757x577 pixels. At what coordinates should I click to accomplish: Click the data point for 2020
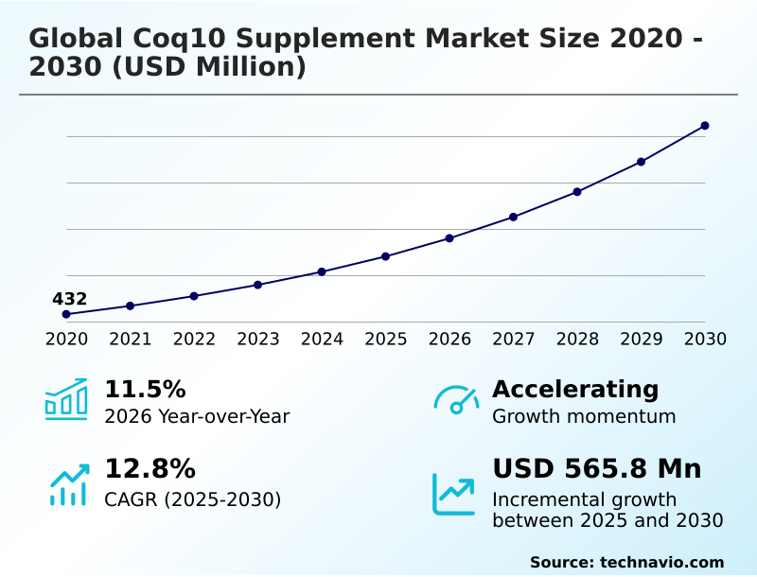click(x=66, y=314)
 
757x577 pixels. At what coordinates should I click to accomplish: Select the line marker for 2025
click(x=385, y=256)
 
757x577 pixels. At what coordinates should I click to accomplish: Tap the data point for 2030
click(x=705, y=126)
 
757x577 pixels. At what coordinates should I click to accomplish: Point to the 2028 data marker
click(x=577, y=192)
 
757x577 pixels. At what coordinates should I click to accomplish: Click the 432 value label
click(x=69, y=299)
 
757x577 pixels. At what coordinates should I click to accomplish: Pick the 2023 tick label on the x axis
click(x=257, y=340)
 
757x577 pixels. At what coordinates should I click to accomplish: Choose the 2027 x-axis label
click(x=513, y=340)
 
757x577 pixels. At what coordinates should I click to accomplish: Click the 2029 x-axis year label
click(x=641, y=340)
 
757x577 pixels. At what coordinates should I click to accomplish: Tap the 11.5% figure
click(x=145, y=390)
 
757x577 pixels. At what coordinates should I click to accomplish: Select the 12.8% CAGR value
click(x=150, y=469)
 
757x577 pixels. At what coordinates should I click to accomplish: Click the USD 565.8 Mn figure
click(x=597, y=469)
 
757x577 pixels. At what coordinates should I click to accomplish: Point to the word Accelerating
click(x=575, y=390)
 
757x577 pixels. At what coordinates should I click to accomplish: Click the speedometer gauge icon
click(x=456, y=399)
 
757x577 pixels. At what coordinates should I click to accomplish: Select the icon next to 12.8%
click(x=68, y=484)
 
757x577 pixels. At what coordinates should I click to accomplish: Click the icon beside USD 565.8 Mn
click(x=454, y=494)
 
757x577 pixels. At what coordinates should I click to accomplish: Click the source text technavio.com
click(x=661, y=562)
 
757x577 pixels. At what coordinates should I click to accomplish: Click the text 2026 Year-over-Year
click(x=197, y=416)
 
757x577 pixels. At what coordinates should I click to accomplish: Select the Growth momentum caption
click(x=584, y=416)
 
